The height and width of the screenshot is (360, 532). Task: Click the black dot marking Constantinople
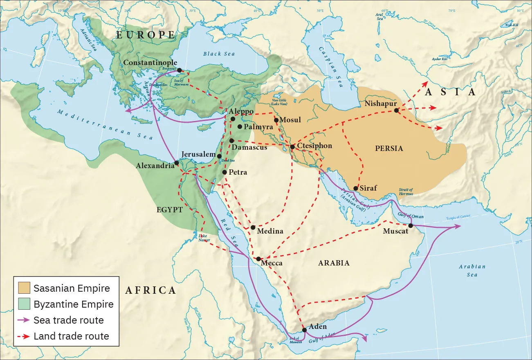180,70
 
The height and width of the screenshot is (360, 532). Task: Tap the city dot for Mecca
258,259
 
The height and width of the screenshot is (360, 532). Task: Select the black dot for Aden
304,330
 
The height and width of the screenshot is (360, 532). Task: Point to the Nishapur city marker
396,110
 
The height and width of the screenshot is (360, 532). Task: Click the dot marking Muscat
410,225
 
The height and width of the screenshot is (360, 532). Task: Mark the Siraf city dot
356,188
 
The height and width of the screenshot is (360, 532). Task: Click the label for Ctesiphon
314,146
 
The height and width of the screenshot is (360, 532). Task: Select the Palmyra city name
258,127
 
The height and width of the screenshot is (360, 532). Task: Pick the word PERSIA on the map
389,148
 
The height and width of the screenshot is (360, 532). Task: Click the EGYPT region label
169,209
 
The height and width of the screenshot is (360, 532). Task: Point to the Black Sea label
218,54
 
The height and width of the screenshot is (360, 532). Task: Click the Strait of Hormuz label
405,191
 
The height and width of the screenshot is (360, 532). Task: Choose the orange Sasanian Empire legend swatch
24,288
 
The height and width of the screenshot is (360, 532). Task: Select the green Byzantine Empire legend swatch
24,304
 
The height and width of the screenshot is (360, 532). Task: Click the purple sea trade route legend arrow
24,320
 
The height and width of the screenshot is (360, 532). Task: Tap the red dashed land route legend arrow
24,336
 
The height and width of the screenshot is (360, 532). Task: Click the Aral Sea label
379,16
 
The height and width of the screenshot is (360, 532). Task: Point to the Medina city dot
253,227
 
